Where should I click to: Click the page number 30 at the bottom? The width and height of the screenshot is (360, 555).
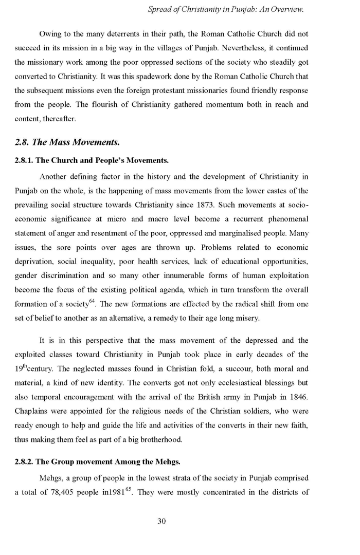(161, 521)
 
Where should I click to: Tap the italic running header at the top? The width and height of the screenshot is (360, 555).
(226, 9)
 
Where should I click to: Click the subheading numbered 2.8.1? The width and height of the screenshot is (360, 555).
(92, 161)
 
